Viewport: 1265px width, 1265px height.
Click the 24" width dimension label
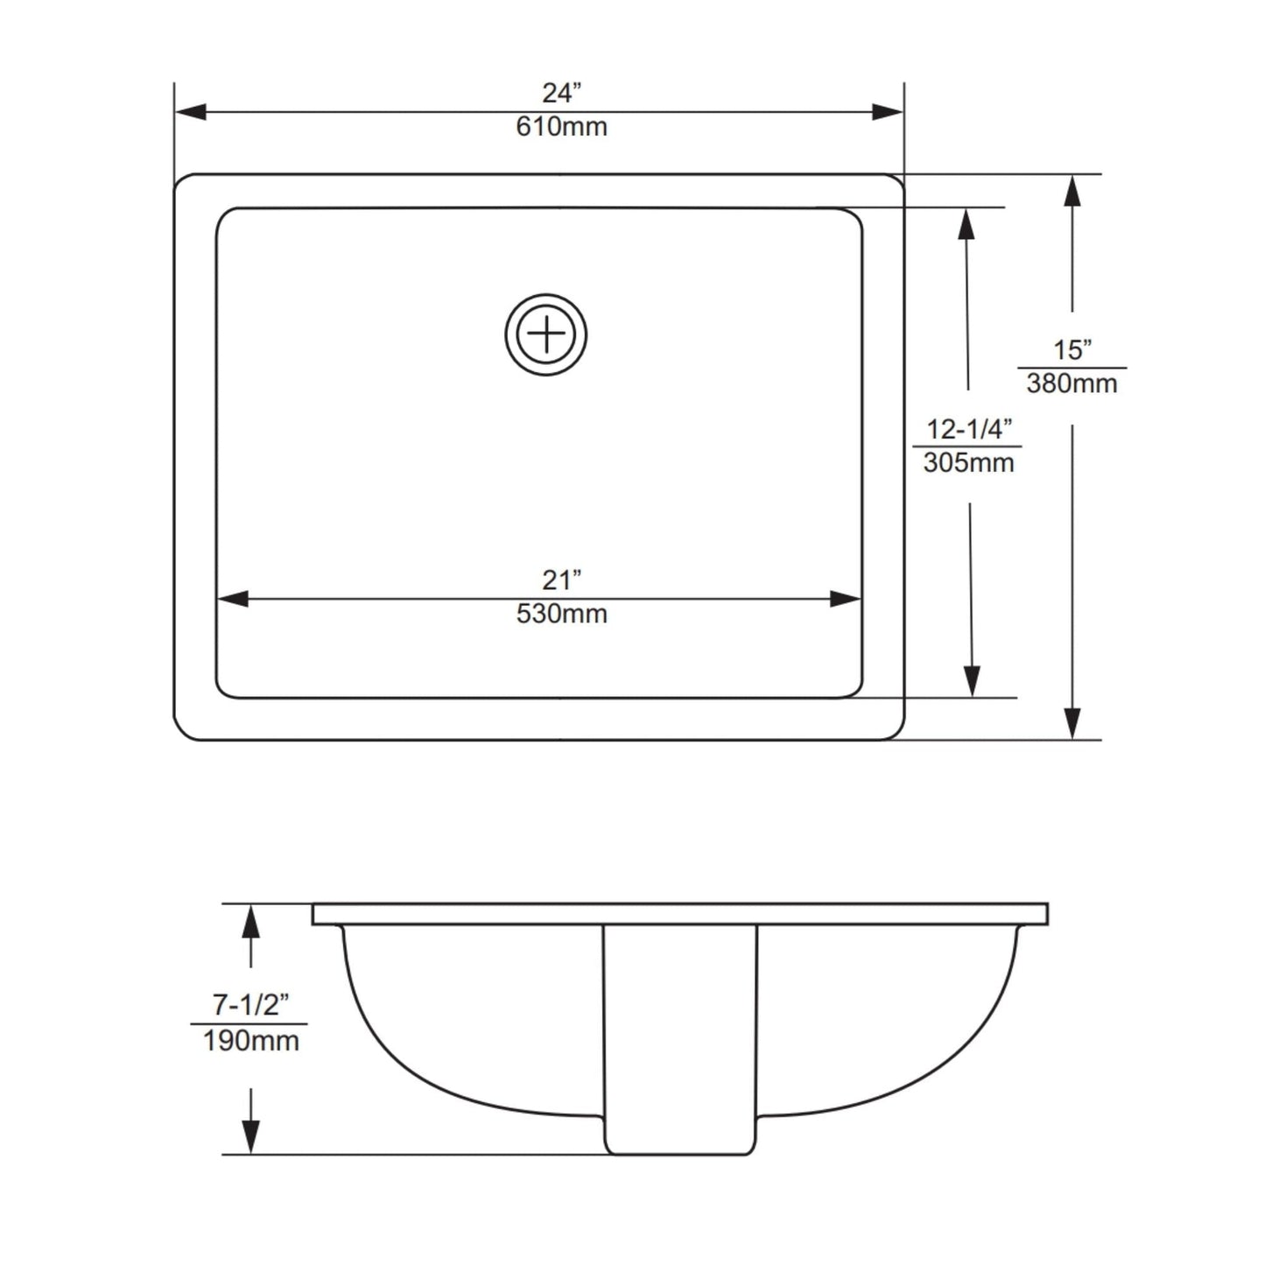click(561, 92)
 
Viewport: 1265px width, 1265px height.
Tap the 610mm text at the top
click(561, 127)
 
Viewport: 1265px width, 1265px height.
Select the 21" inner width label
click(561, 580)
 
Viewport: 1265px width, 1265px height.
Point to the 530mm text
click(561, 614)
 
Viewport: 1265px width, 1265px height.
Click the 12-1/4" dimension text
click(969, 429)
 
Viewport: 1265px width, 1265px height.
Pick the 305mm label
click(968, 462)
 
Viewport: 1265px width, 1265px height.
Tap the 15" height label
click(1072, 350)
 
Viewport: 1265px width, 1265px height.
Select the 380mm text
click(1072, 383)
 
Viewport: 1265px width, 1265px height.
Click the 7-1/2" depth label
click(250, 1005)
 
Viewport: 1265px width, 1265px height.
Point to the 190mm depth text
click(250, 1041)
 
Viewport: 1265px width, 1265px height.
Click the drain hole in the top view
click(545, 335)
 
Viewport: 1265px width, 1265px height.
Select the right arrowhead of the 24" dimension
click(887, 112)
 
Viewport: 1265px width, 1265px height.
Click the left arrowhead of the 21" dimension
click(233, 599)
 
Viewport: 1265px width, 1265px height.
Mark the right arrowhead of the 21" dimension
click(845, 599)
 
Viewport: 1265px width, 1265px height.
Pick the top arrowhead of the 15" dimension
click(1072, 191)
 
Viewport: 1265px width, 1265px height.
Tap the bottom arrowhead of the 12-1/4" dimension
click(972, 681)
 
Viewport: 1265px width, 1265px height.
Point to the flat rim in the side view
click(680, 915)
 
